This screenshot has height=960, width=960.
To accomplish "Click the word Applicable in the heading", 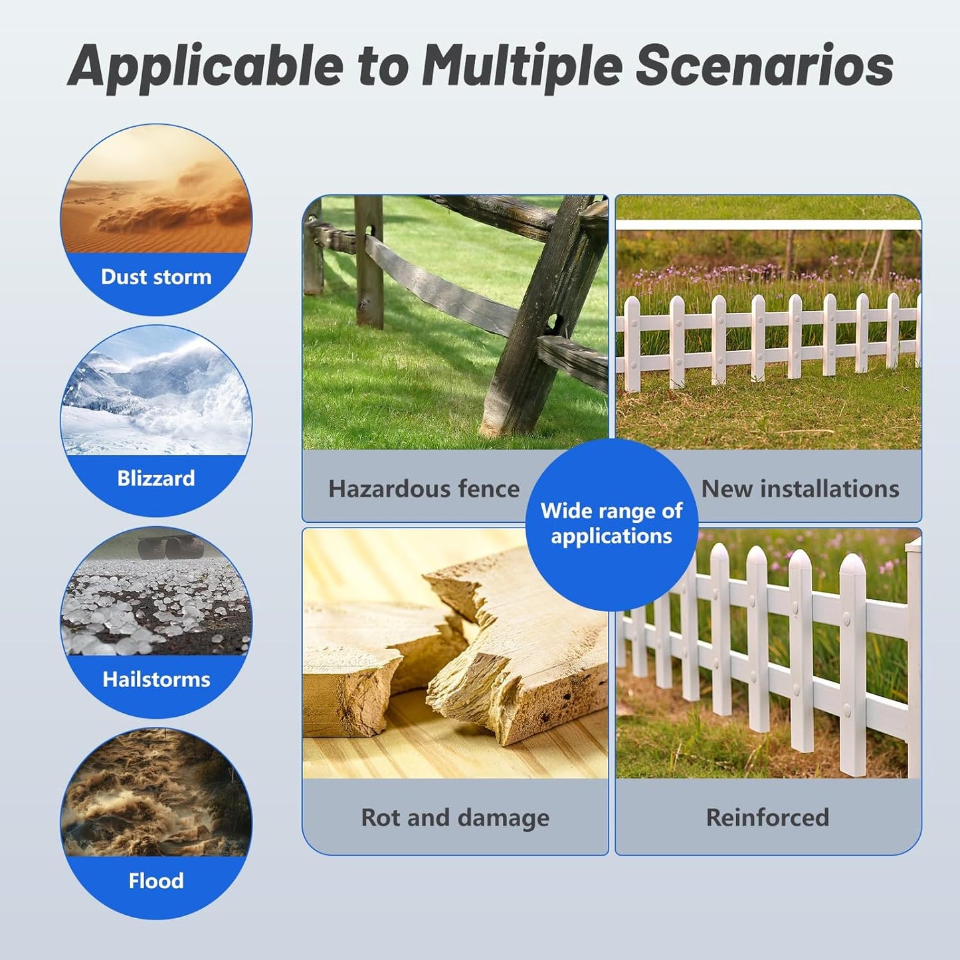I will coord(206,66).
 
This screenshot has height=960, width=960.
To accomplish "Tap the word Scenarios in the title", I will coord(764,65).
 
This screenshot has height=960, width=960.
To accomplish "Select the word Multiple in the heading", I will coord(522,66).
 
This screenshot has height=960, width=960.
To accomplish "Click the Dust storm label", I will coord(156,277).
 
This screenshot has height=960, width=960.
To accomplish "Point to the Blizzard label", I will coord(156,478).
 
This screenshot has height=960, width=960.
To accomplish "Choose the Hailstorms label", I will coord(156,680).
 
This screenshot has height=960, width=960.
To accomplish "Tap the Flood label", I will coord(156,881).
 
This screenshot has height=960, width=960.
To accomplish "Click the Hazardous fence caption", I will coord(424,489).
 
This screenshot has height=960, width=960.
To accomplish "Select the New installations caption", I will coord(801,489).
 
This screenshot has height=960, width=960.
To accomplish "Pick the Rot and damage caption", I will coord(455,817).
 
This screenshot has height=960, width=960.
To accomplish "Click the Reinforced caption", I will coord(767,817).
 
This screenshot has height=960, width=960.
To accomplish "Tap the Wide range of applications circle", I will coord(611,524).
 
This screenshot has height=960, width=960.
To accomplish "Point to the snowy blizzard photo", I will coord(156,399).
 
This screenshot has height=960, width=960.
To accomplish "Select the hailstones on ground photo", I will coord(156,605).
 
